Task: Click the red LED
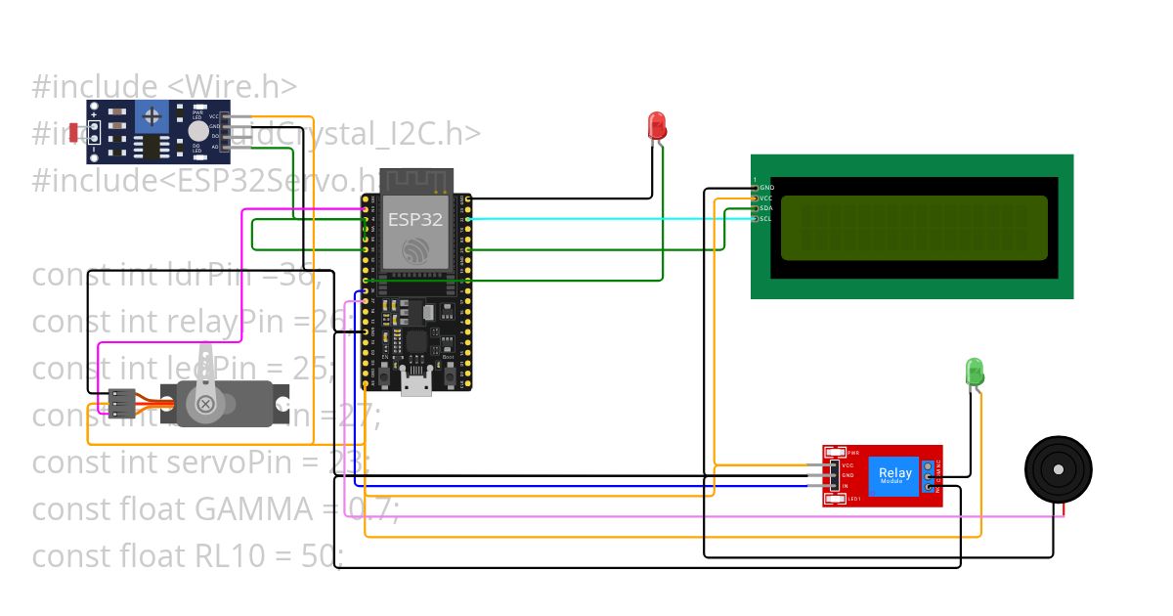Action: [x=657, y=125]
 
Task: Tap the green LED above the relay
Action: [x=975, y=372]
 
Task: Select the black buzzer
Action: [x=1058, y=470]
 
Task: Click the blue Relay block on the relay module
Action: [x=894, y=474]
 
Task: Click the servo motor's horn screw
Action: [x=205, y=404]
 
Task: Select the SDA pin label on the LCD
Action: [x=765, y=208]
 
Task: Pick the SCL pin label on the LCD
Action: [x=765, y=218]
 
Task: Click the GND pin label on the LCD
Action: [x=766, y=188]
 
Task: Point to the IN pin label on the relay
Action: [x=845, y=486]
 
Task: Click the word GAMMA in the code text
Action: [x=235, y=509]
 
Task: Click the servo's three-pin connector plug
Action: [x=121, y=402]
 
